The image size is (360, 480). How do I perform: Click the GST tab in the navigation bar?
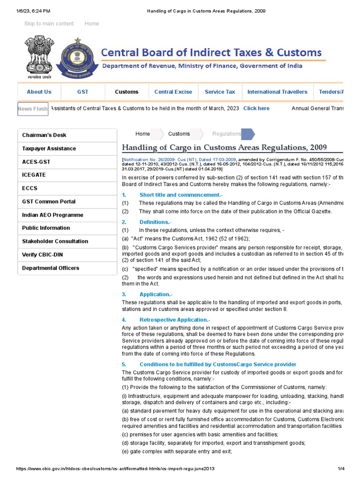click(x=82, y=92)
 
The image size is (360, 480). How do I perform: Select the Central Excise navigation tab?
click(x=173, y=92)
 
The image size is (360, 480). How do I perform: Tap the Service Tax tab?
click(x=220, y=92)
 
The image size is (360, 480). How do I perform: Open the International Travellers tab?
click(x=277, y=92)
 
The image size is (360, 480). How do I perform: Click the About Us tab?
click(x=39, y=92)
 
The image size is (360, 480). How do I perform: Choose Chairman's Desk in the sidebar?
click(x=44, y=135)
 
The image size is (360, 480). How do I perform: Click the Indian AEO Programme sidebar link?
click(x=52, y=215)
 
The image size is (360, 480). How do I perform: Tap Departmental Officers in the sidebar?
click(x=51, y=268)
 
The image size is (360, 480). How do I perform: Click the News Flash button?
click(x=33, y=109)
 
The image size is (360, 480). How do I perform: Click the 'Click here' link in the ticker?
click(x=256, y=108)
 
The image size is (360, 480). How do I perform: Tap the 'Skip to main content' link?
click(x=49, y=23)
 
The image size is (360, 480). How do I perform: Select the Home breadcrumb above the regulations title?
click(x=142, y=134)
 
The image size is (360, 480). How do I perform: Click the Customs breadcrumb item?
click(x=179, y=134)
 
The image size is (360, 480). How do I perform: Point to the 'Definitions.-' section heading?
click(x=155, y=222)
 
